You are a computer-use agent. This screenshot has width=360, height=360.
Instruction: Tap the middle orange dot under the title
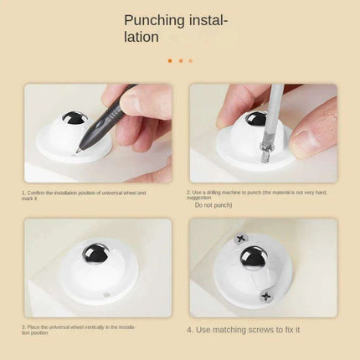pos(180,60)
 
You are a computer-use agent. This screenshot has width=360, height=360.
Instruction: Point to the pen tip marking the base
pos(77,150)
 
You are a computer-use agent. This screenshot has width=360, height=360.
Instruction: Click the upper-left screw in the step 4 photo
pos(241,239)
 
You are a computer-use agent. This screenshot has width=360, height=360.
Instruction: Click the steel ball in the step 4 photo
pos(253,259)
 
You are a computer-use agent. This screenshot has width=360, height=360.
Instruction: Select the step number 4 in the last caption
pos(190,330)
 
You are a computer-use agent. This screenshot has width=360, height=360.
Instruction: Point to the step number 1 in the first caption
pos(23,193)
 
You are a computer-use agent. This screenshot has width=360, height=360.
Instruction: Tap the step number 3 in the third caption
pos(23,327)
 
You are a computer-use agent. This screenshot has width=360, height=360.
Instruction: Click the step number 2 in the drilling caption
pos(188,192)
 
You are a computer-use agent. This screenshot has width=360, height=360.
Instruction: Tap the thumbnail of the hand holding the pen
pos(98,133)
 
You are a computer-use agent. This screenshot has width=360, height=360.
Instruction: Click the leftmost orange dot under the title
pos(170,60)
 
